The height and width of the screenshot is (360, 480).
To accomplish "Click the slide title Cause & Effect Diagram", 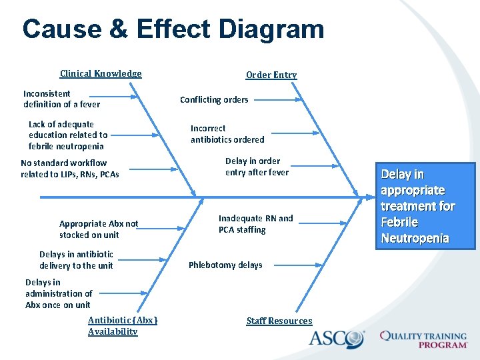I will [x=173, y=29].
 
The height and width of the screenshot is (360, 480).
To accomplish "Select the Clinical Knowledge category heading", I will [x=101, y=74].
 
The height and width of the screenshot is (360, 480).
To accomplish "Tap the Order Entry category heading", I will [x=271, y=75].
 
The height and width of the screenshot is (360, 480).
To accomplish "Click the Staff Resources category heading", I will [x=279, y=321].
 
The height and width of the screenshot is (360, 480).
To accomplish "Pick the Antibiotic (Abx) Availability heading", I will [x=123, y=326].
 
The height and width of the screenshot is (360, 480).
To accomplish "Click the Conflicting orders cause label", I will [x=214, y=100].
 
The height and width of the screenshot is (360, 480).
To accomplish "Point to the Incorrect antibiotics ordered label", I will [x=227, y=134].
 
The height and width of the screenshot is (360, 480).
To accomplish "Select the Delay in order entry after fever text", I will [x=257, y=167].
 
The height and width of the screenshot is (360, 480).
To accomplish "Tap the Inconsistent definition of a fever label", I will [x=61, y=99].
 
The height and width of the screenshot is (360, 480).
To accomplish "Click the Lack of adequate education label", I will [x=68, y=135].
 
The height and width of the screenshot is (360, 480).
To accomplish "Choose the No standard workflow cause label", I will [x=70, y=169].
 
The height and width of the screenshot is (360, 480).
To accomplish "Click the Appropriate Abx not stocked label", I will [x=99, y=229].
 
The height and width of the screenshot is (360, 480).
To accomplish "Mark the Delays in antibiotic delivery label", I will [x=76, y=260].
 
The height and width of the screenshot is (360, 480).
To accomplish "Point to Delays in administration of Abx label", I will [x=59, y=293].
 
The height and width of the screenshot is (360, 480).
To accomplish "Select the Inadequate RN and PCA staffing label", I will [x=255, y=224].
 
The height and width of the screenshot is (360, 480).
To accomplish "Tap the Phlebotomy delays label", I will [x=225, y=265].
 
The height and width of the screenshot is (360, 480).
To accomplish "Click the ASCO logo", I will [x=337, y=338].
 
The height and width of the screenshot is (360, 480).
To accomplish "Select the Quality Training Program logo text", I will [x=423, y=339].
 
